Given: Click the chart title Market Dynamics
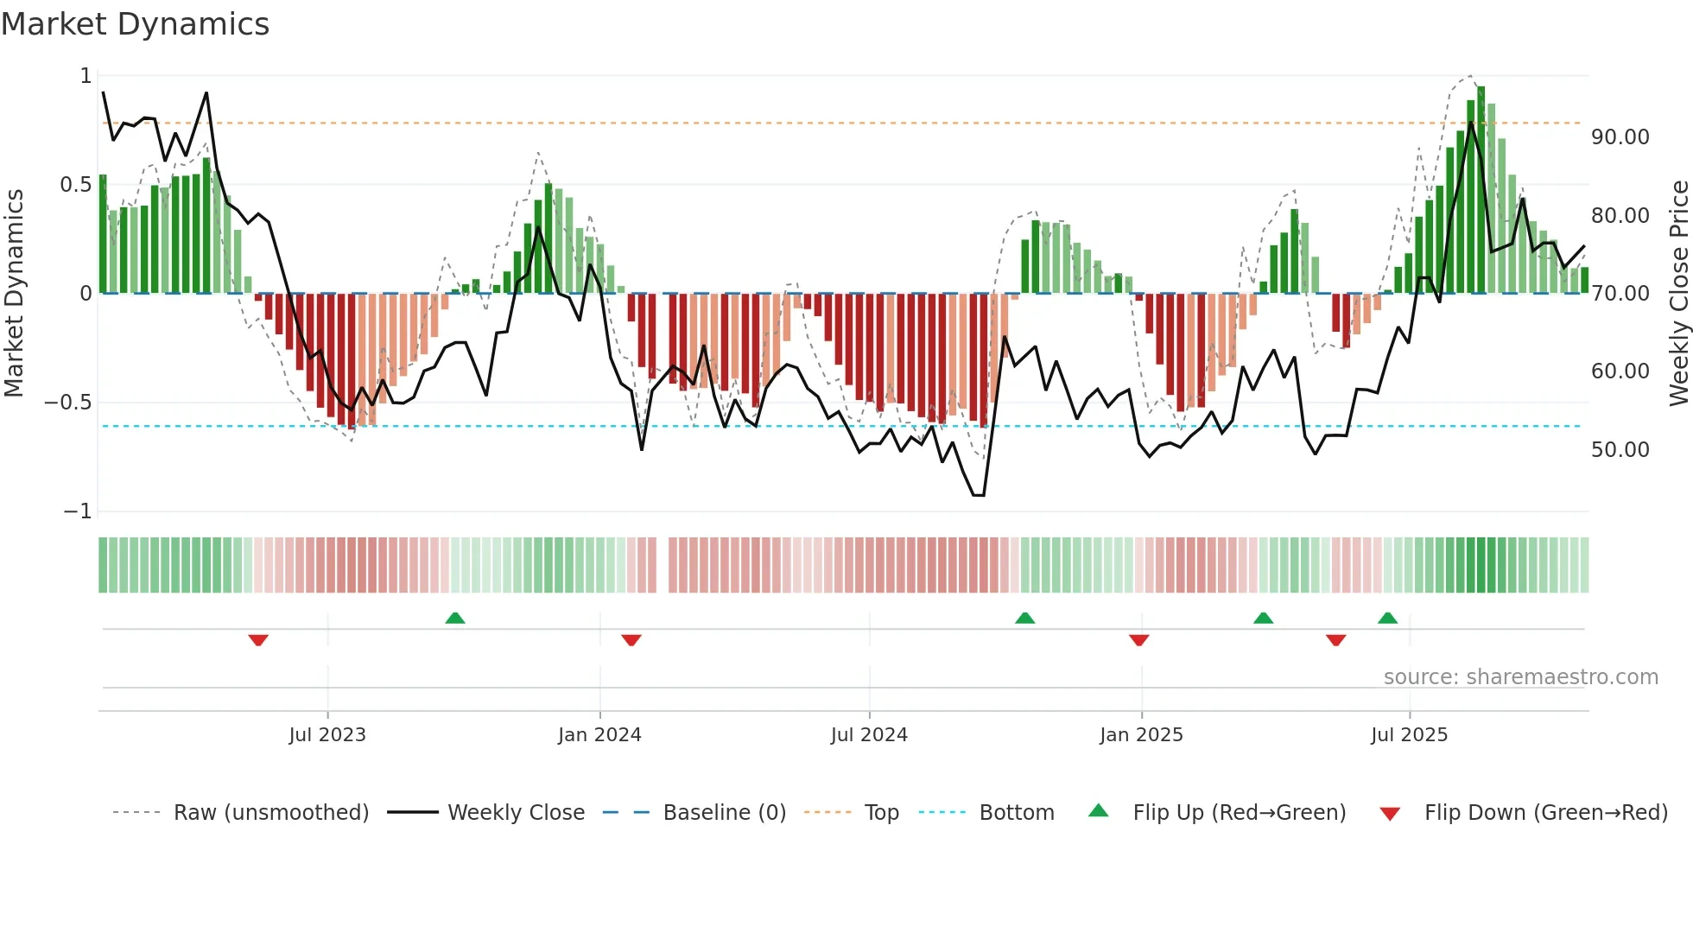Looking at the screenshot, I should click(136, 24).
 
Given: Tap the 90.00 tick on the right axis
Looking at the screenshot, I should click(1620, 137).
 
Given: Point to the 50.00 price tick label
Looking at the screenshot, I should click(1620, 450).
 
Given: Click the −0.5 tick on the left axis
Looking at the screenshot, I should click(67, 403).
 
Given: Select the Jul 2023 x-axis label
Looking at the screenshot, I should click(327, 735).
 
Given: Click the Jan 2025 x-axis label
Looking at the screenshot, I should click(1141, 735).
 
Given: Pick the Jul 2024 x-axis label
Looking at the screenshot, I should click(869, 735).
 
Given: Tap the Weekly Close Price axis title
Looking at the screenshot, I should click(1678, 294).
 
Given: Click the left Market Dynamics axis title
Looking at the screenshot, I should click(14, 294).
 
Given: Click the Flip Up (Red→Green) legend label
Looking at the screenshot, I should click(1239, 813).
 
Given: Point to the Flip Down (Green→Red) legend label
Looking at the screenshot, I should click(1545, 813).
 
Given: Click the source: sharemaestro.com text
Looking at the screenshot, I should click(1520, 677).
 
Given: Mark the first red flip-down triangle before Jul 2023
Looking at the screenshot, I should click(258, 640).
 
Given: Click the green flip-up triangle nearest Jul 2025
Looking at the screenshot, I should click(1387, 618).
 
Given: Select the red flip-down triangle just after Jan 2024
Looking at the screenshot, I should click(631, 640).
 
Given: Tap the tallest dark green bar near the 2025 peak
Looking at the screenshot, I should click(1481, 190).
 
